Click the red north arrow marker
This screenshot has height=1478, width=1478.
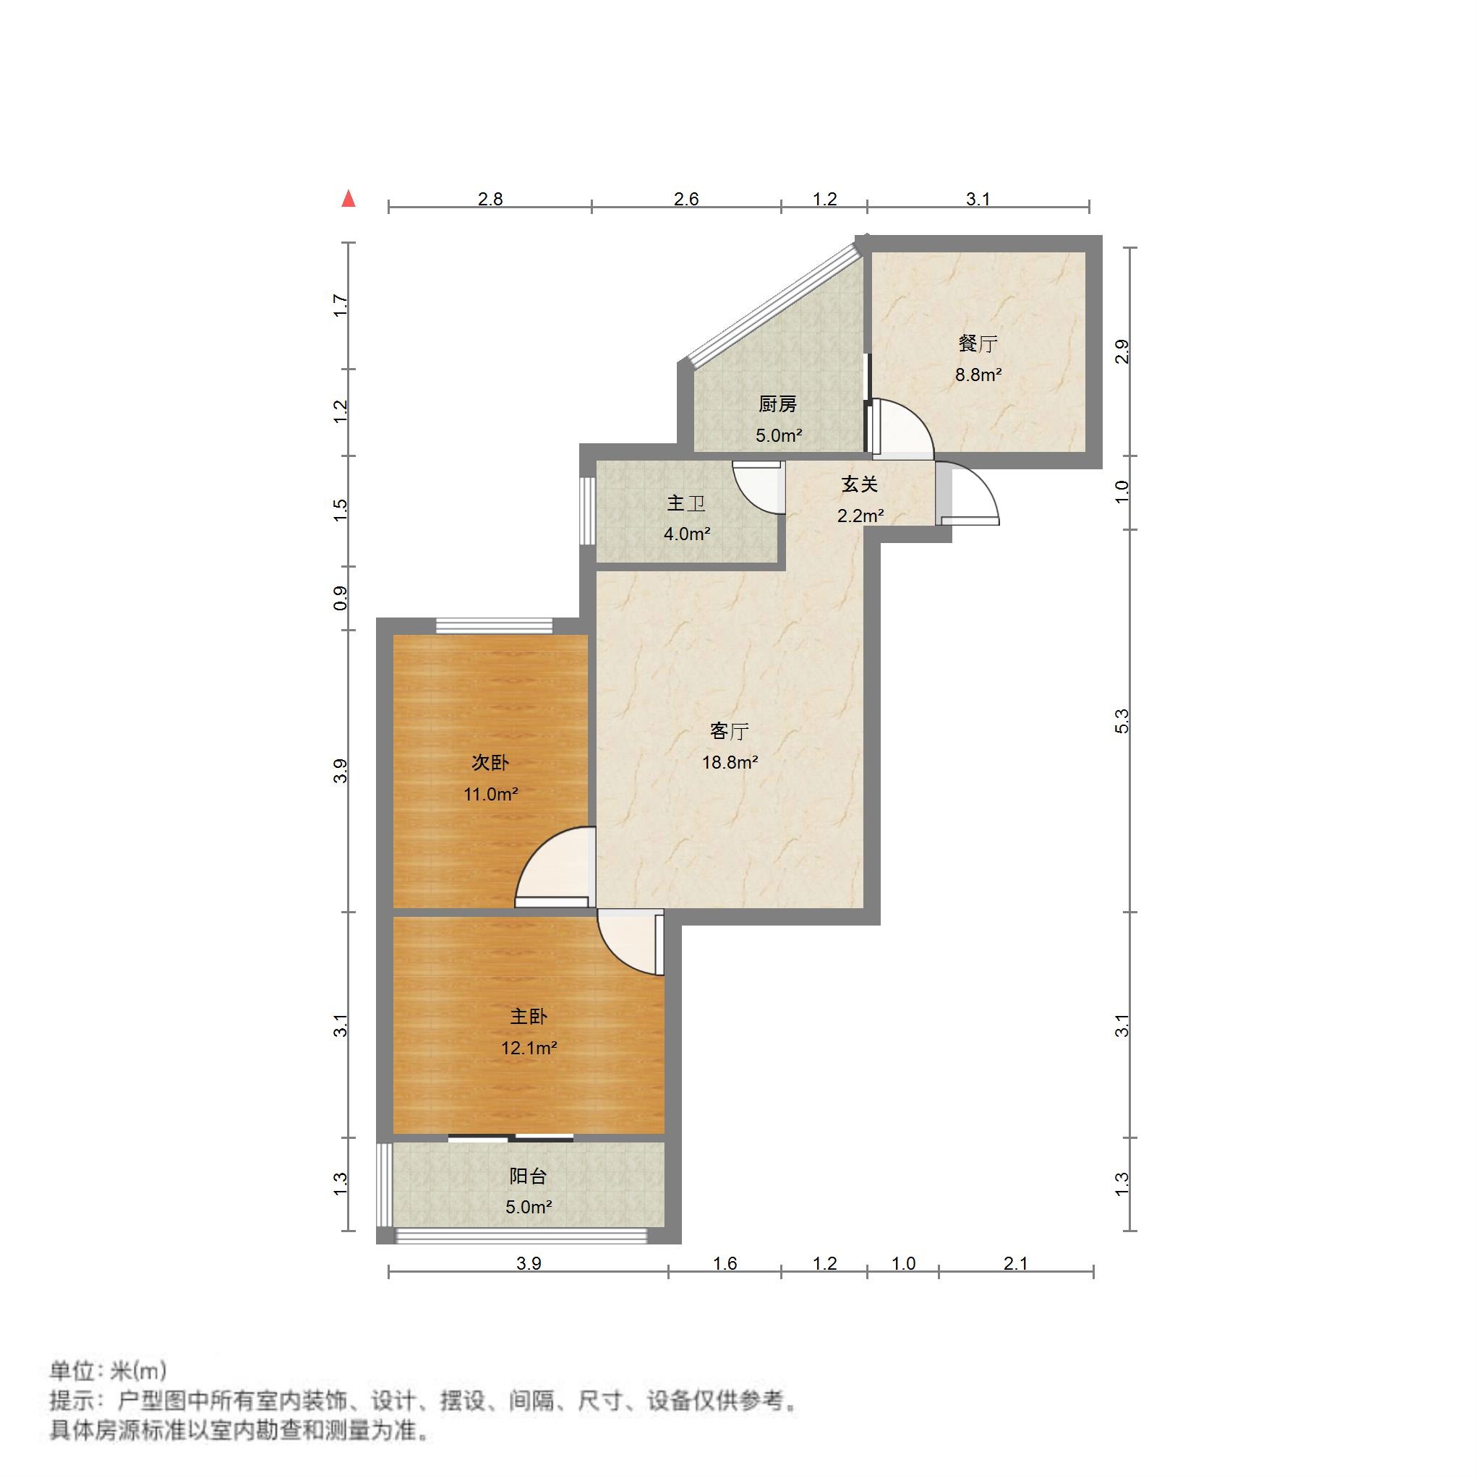tap(349, 199)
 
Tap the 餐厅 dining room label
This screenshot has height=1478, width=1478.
tap(978, 343)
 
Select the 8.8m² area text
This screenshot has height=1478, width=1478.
tap(978, 375)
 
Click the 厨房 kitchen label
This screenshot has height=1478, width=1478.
tap(777, 404)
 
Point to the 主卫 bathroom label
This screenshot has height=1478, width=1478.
tap(685, 503)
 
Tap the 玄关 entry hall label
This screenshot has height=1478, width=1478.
tap(859, 484)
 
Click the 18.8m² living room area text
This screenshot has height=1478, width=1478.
tap(730, 762)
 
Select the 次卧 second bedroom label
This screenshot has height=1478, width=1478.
tap(490, 762)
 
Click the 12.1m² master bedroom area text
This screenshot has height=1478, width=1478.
tap(529, 1047)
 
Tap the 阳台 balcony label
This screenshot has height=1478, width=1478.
tap(528, 1176)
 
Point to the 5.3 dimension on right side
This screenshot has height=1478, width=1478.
tap(1122, 722)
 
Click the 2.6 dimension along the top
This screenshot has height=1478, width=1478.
tap(686, 199)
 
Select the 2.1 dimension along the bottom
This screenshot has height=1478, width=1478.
tap(1015, 1263)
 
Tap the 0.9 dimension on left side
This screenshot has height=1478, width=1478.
tap(341, 597)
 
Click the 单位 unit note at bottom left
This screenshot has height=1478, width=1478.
tap(107, 1370)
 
